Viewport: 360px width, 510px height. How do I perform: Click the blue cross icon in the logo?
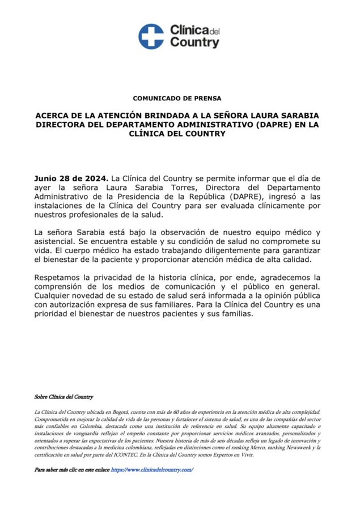(151, 36)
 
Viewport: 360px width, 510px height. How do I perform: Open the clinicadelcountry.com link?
(152, 470)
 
